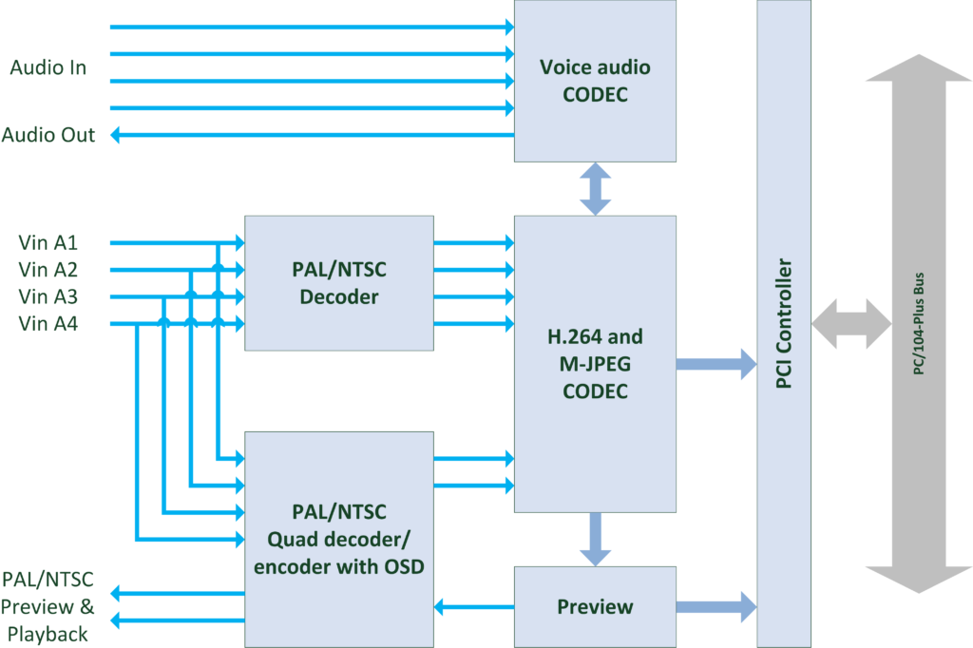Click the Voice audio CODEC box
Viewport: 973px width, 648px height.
click(595, 81)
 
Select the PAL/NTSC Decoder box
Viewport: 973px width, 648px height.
click(339, 283)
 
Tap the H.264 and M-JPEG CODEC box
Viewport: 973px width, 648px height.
click(595, 363)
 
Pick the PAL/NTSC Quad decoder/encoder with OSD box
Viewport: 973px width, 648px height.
click(339, 539)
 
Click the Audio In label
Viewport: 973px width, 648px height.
click(48, 67)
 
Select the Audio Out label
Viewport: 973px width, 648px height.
click(48, 135)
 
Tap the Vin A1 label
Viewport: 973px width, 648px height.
click(48, 242)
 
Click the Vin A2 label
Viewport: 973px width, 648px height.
click(48, 270)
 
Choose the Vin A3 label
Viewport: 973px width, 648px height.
click(48, 296)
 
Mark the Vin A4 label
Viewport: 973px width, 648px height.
click(48, 324)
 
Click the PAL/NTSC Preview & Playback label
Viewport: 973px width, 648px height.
click(47, 606)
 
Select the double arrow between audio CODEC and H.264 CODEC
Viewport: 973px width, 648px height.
click(595, 188)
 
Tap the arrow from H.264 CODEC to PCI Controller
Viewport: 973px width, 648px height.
click(715, 363)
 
